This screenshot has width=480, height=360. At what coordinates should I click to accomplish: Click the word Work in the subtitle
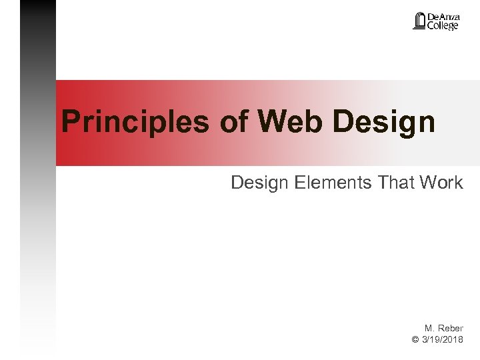[441, 181]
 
